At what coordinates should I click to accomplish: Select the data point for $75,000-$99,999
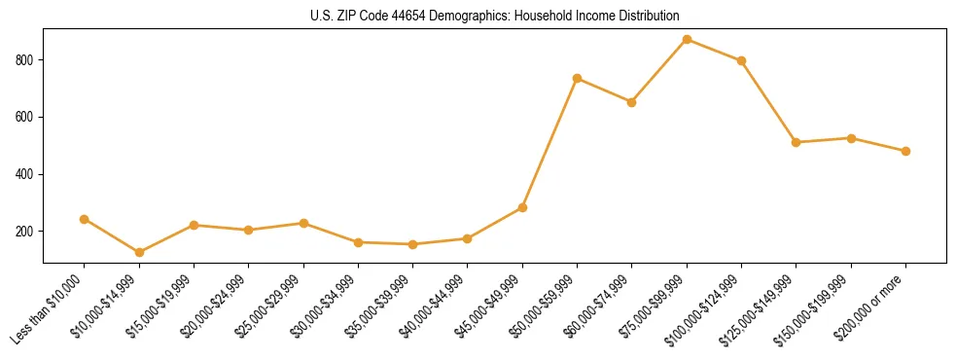click(x=687, y=40)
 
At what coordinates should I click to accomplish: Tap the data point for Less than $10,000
click(x=85, y=219)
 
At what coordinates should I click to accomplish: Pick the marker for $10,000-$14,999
click(x=139, y=252)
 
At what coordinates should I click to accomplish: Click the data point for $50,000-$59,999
click(x=578, y=78)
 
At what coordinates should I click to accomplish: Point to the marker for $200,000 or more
click(x=905, y=151)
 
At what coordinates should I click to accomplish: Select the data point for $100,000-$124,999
click(x=741, y=60)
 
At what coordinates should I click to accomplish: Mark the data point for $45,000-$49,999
click(x=522, y=207)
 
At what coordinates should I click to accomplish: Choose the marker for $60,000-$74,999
click(x=632, y=102)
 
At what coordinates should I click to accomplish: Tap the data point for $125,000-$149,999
click(x=796, y=142)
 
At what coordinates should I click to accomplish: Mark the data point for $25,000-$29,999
click(x=303, y=223)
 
